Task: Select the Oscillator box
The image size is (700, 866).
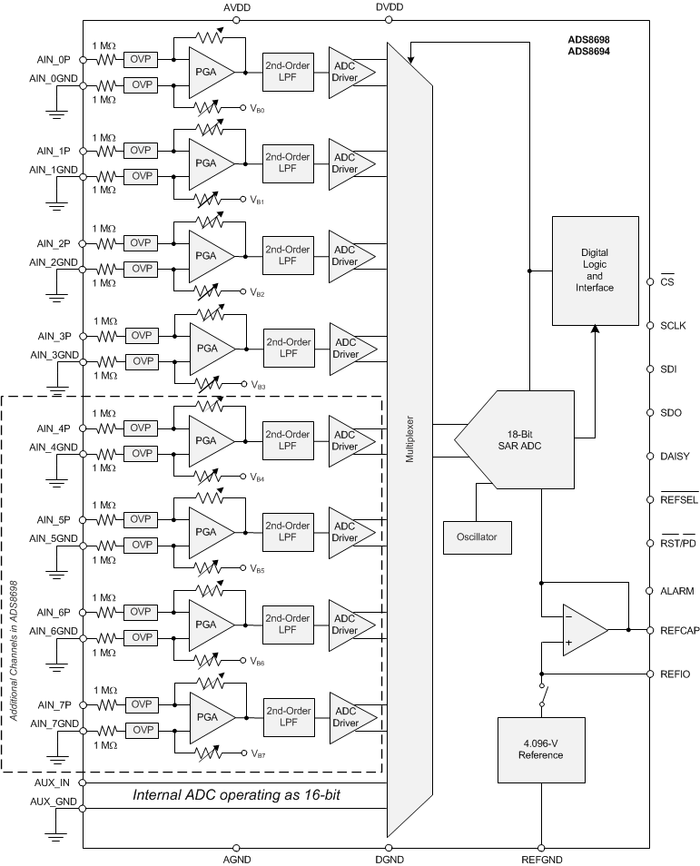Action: click(x=477, y=536)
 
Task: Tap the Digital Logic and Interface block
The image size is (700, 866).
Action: click(x=595, y=270)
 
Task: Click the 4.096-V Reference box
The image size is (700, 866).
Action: click(x=540, y=749)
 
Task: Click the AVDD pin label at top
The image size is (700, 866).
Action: click(x=236, y=7)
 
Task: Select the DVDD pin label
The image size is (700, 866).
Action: click(x=389, y=7)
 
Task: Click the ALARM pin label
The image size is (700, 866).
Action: click(x=677, y=591)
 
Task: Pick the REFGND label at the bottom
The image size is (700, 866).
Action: click(x=541, y=859)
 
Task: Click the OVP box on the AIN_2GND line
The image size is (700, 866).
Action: click(x=141, y=269)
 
